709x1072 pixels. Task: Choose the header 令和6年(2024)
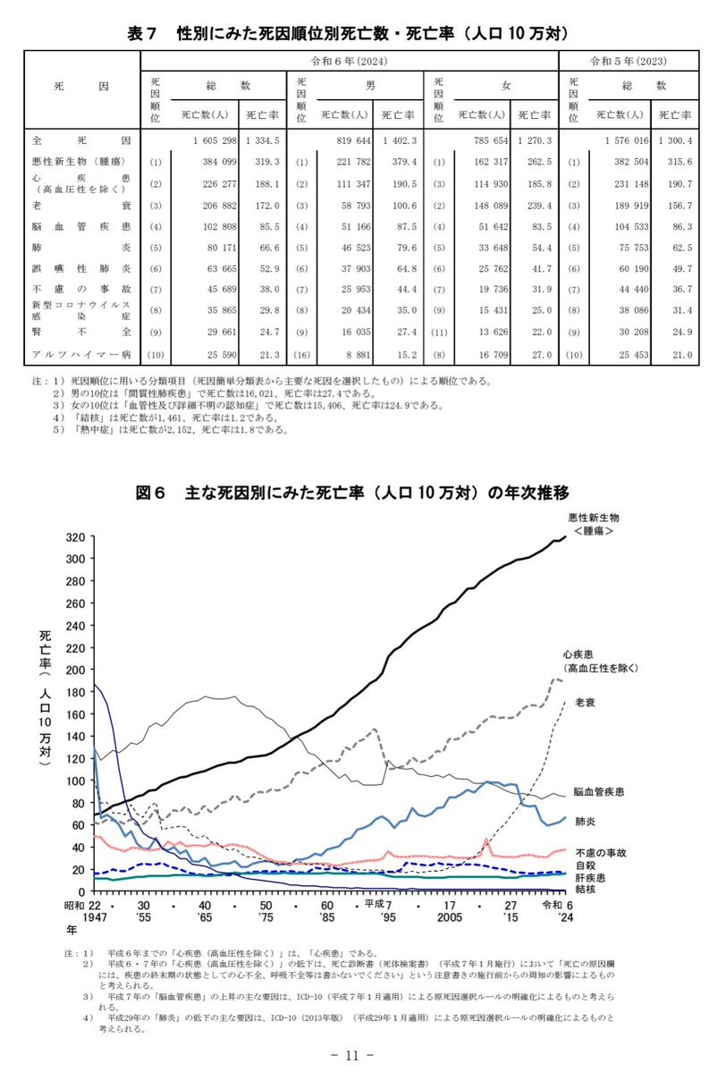coord(349,61)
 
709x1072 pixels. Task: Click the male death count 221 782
coord(346,162)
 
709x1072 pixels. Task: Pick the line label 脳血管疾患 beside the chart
coord(599,792)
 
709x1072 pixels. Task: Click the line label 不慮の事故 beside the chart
coord(599,852)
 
